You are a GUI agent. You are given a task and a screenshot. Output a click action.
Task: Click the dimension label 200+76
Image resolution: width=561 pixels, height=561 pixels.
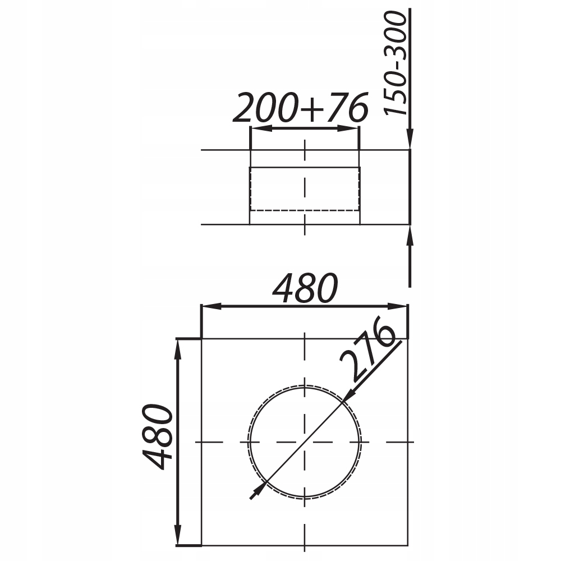point(301,107)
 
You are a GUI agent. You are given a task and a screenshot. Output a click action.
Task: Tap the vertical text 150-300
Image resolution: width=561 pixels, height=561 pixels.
point(396,63)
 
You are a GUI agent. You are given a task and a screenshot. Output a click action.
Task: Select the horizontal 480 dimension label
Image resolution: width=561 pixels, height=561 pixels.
point(305,288)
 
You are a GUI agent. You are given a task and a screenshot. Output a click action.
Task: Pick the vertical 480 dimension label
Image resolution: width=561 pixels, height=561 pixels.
point(158,437)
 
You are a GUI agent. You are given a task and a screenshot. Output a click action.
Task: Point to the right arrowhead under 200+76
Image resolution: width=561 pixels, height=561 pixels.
point(348,128)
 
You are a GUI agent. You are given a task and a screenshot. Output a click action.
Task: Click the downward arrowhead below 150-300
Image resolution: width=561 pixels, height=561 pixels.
point(410,138)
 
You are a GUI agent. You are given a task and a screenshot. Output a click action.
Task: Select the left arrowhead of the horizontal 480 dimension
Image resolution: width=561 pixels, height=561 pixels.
point(212,306)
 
